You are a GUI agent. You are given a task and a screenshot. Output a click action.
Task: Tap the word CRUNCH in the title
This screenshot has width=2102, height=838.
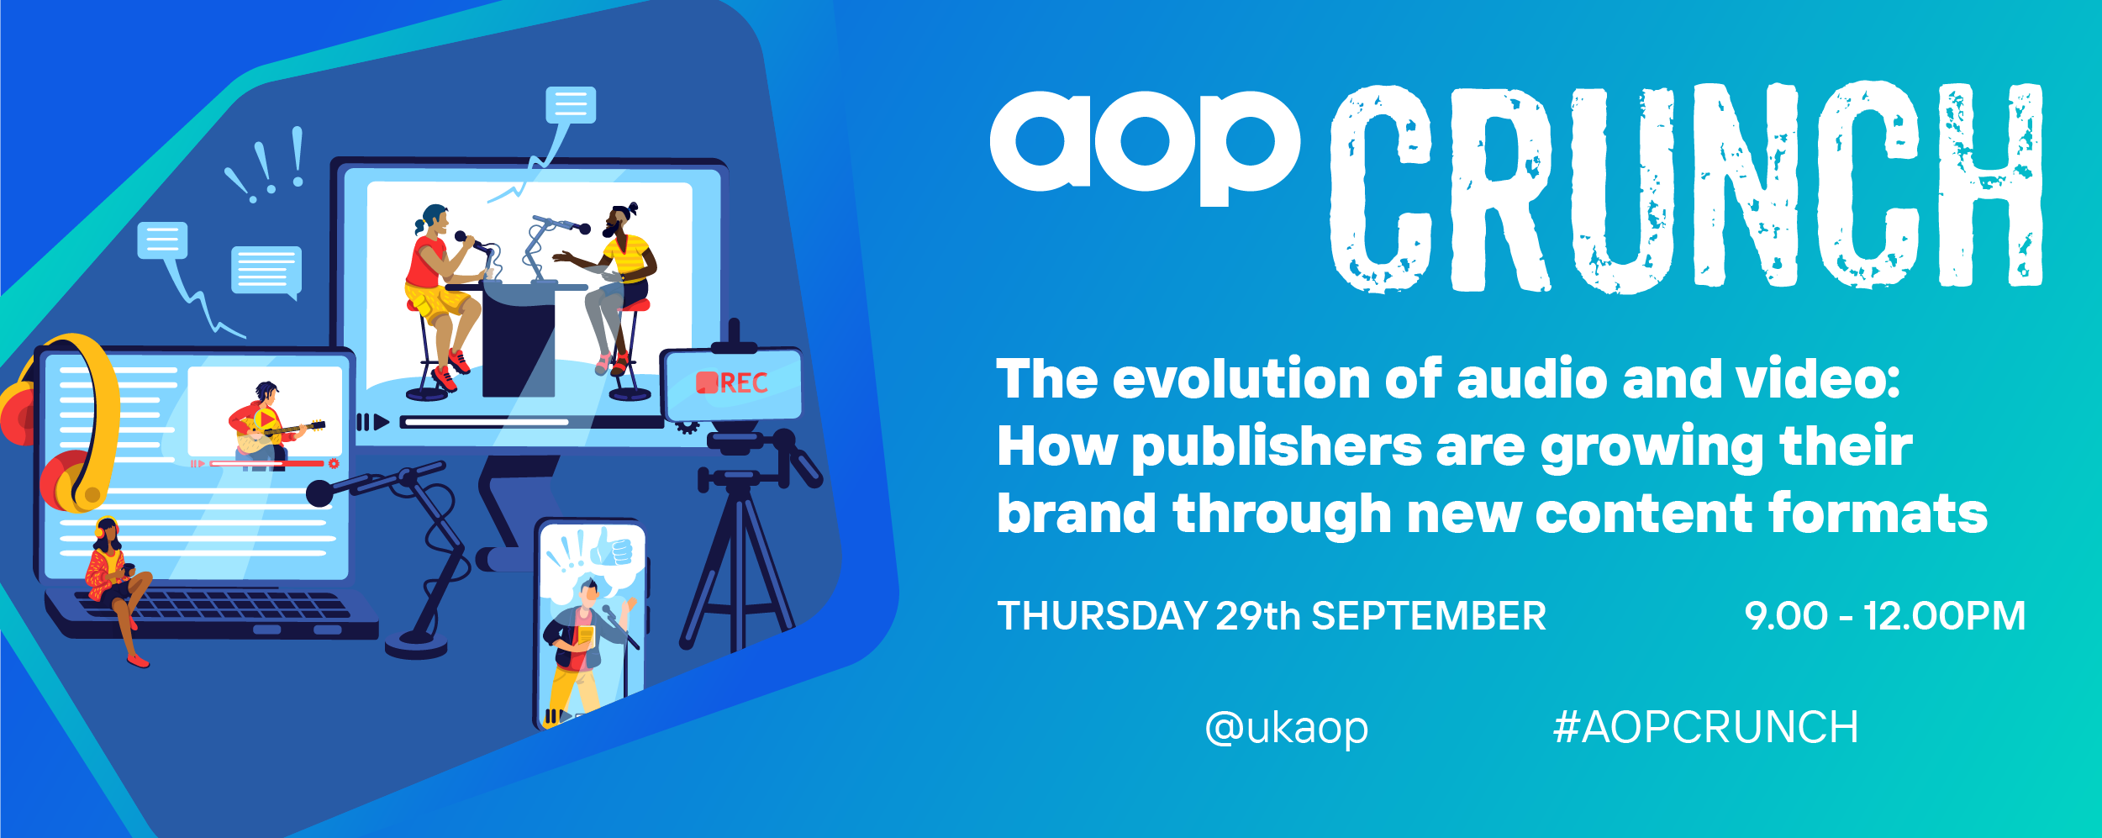1686,187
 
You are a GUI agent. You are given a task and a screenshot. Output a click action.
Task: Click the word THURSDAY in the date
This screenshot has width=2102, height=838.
1102,616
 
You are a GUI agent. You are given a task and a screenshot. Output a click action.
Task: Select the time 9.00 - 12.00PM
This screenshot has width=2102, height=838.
1884,616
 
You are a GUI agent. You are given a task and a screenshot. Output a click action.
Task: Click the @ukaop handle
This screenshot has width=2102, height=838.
1286,728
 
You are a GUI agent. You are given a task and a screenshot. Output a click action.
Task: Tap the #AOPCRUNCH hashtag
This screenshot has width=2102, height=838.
1705,727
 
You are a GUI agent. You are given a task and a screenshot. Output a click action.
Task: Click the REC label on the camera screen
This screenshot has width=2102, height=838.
732,383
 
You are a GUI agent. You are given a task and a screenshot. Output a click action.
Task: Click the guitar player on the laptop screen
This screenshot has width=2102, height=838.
267,424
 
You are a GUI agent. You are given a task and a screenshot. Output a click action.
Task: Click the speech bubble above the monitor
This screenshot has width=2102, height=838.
571,105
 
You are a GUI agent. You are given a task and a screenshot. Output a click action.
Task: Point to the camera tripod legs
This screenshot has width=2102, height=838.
737,572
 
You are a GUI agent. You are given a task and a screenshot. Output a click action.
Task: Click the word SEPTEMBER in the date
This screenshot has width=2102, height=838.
1429,616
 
